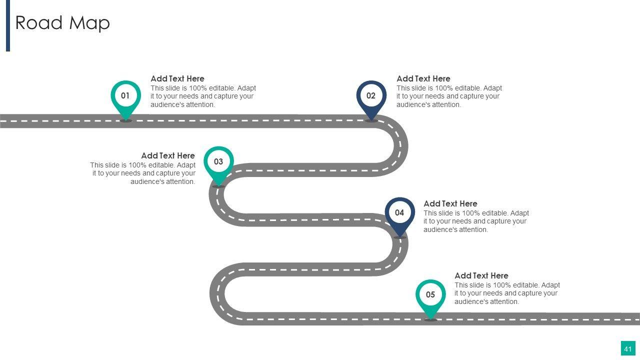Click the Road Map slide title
click(x=62, y=23)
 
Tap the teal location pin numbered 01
click(x=125, y=96)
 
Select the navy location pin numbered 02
click(x=371, y=96)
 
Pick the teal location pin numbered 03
click(x=218, y=162)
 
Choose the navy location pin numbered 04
click(x=399, y=213)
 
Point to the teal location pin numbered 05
click(x=430, y=295)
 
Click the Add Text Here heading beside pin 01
click(x=177, y=78)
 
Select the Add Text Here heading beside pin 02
click(x=423, y=78)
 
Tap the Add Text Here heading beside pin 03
click(x=168, y=155)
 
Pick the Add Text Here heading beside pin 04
click(x=450, y=203)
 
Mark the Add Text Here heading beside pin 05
click(x=481, y=275)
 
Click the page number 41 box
click(x=628, y=348)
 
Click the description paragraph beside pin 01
click(x=203, y=96)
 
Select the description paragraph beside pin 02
click(x=449, y=96)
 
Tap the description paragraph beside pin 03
click(x=143, y=173)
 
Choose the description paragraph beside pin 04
click(x=476, y=221)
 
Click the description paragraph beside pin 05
click(x=507, y=293)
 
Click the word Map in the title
click(x=89, y=23)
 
